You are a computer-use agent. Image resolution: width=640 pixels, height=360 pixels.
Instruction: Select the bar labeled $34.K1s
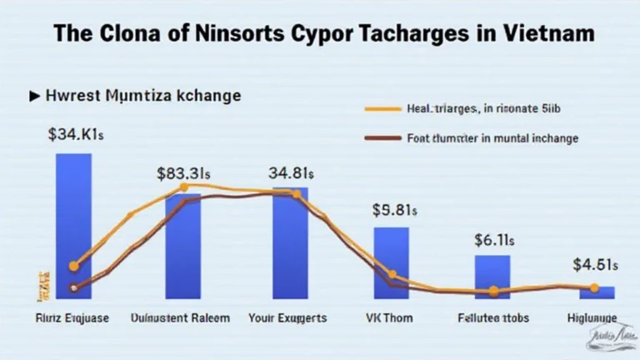[x=67, y=225]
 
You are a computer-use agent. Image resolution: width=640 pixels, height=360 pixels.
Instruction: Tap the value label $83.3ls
[x=182, y=174]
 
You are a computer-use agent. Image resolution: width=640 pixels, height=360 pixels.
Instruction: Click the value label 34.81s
[x=290, y=174]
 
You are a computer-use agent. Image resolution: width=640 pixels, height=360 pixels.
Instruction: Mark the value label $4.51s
[x=595, y=266]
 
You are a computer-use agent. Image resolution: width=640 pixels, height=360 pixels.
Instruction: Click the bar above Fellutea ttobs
[x=492, y=277]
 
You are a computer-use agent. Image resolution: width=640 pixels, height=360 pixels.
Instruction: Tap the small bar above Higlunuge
[x=597, y=292]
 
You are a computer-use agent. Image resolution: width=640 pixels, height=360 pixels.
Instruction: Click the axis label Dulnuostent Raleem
[x=183, y=318]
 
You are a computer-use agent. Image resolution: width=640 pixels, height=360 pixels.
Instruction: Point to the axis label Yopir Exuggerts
[x=287, y=318]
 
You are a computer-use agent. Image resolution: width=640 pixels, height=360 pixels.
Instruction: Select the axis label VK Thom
[x=391, y=318]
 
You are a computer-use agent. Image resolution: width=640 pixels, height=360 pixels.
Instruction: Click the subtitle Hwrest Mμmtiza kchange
[x=142, y=96]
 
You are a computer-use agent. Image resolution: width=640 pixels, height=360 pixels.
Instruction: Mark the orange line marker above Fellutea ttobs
[x=493, y=291]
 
